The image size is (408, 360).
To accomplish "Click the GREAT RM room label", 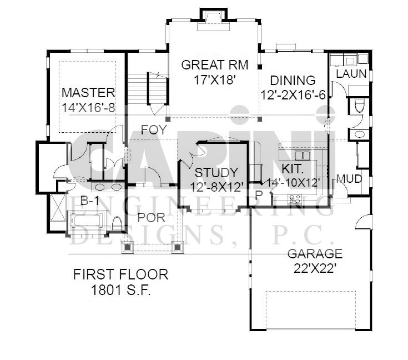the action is pyautogui.click(x=215, y=65).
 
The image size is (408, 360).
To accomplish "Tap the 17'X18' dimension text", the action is pyautogui.click(x=215, y=80).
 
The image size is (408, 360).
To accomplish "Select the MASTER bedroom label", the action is pyautogui.click(x=88, y=93).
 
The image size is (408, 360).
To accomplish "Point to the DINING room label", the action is pyautogui.click(x=293, y=81).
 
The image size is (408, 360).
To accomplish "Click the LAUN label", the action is pyautogui.click(x=351, y=74).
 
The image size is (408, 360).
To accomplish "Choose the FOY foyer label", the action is pyautogui.click(x=154, y=130).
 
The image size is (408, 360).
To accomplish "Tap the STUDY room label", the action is pyautogui.click(x=216, y=173).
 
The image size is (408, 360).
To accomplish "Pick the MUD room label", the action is pyautogui.click(x=349, y=179).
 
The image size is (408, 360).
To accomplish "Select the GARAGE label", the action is pyautogui.click(x=315, y=254).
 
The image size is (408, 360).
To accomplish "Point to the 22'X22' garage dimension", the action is pyautogui.click(x=314, y=268).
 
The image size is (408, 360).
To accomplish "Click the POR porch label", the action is pyautogui.click(x=151, y=218).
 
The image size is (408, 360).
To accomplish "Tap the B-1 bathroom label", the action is pyautogui.click(x=89, y=201).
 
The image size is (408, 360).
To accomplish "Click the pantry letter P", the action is pyautogui.click(x=258, y=196).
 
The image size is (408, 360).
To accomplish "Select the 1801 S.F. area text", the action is pyautogui.click(x=121, y=290).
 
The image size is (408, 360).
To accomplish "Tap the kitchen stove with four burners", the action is pyautogui.click(x=294, y=199).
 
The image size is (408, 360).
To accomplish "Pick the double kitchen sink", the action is pyautogui.click(x=303, y=156).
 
